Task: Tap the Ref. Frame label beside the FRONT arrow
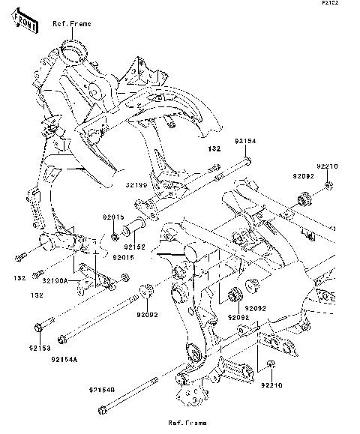tap(71, 24)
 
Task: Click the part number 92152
tap(134, 246)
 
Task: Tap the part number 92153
tap(40, 348)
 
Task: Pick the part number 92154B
tap(82, 389)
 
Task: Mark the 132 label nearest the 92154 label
tap(213, 149)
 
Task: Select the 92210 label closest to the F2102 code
tap(327, 165)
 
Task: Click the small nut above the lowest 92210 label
tap(271, 364)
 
